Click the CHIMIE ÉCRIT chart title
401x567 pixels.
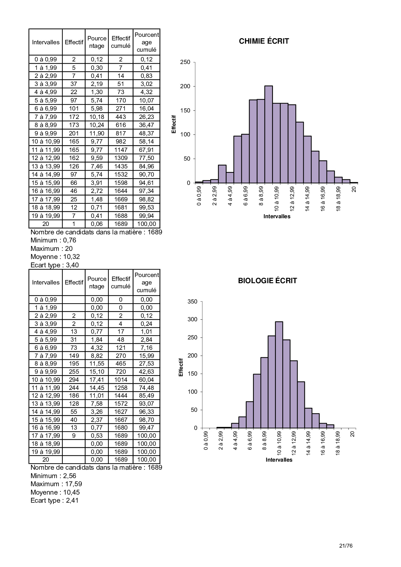pos(264,41)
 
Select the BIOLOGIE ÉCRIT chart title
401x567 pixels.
pos(267,281)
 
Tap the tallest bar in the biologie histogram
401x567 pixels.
pos(279,375)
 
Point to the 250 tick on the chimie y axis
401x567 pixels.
pos(185,62)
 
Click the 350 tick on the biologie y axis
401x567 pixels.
pos(192,302)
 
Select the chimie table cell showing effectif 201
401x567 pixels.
pos(74,133)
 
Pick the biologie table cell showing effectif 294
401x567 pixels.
pos(74,380)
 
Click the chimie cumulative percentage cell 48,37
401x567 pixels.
pos(146,133)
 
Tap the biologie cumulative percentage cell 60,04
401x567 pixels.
pos(146,380)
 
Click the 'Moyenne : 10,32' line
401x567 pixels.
pos(55,257)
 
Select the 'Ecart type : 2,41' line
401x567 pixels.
pos(54,500)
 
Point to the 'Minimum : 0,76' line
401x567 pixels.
pos(53,240)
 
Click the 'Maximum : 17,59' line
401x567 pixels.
pos(56,484)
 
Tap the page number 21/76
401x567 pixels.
pos(346,546)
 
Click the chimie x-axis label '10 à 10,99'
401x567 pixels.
pos(276,198)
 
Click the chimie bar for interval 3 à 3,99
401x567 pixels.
pos(222,174)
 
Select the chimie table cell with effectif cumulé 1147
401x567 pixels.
pos(121,150)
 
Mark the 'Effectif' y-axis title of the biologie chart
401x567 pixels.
pos(181,367)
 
